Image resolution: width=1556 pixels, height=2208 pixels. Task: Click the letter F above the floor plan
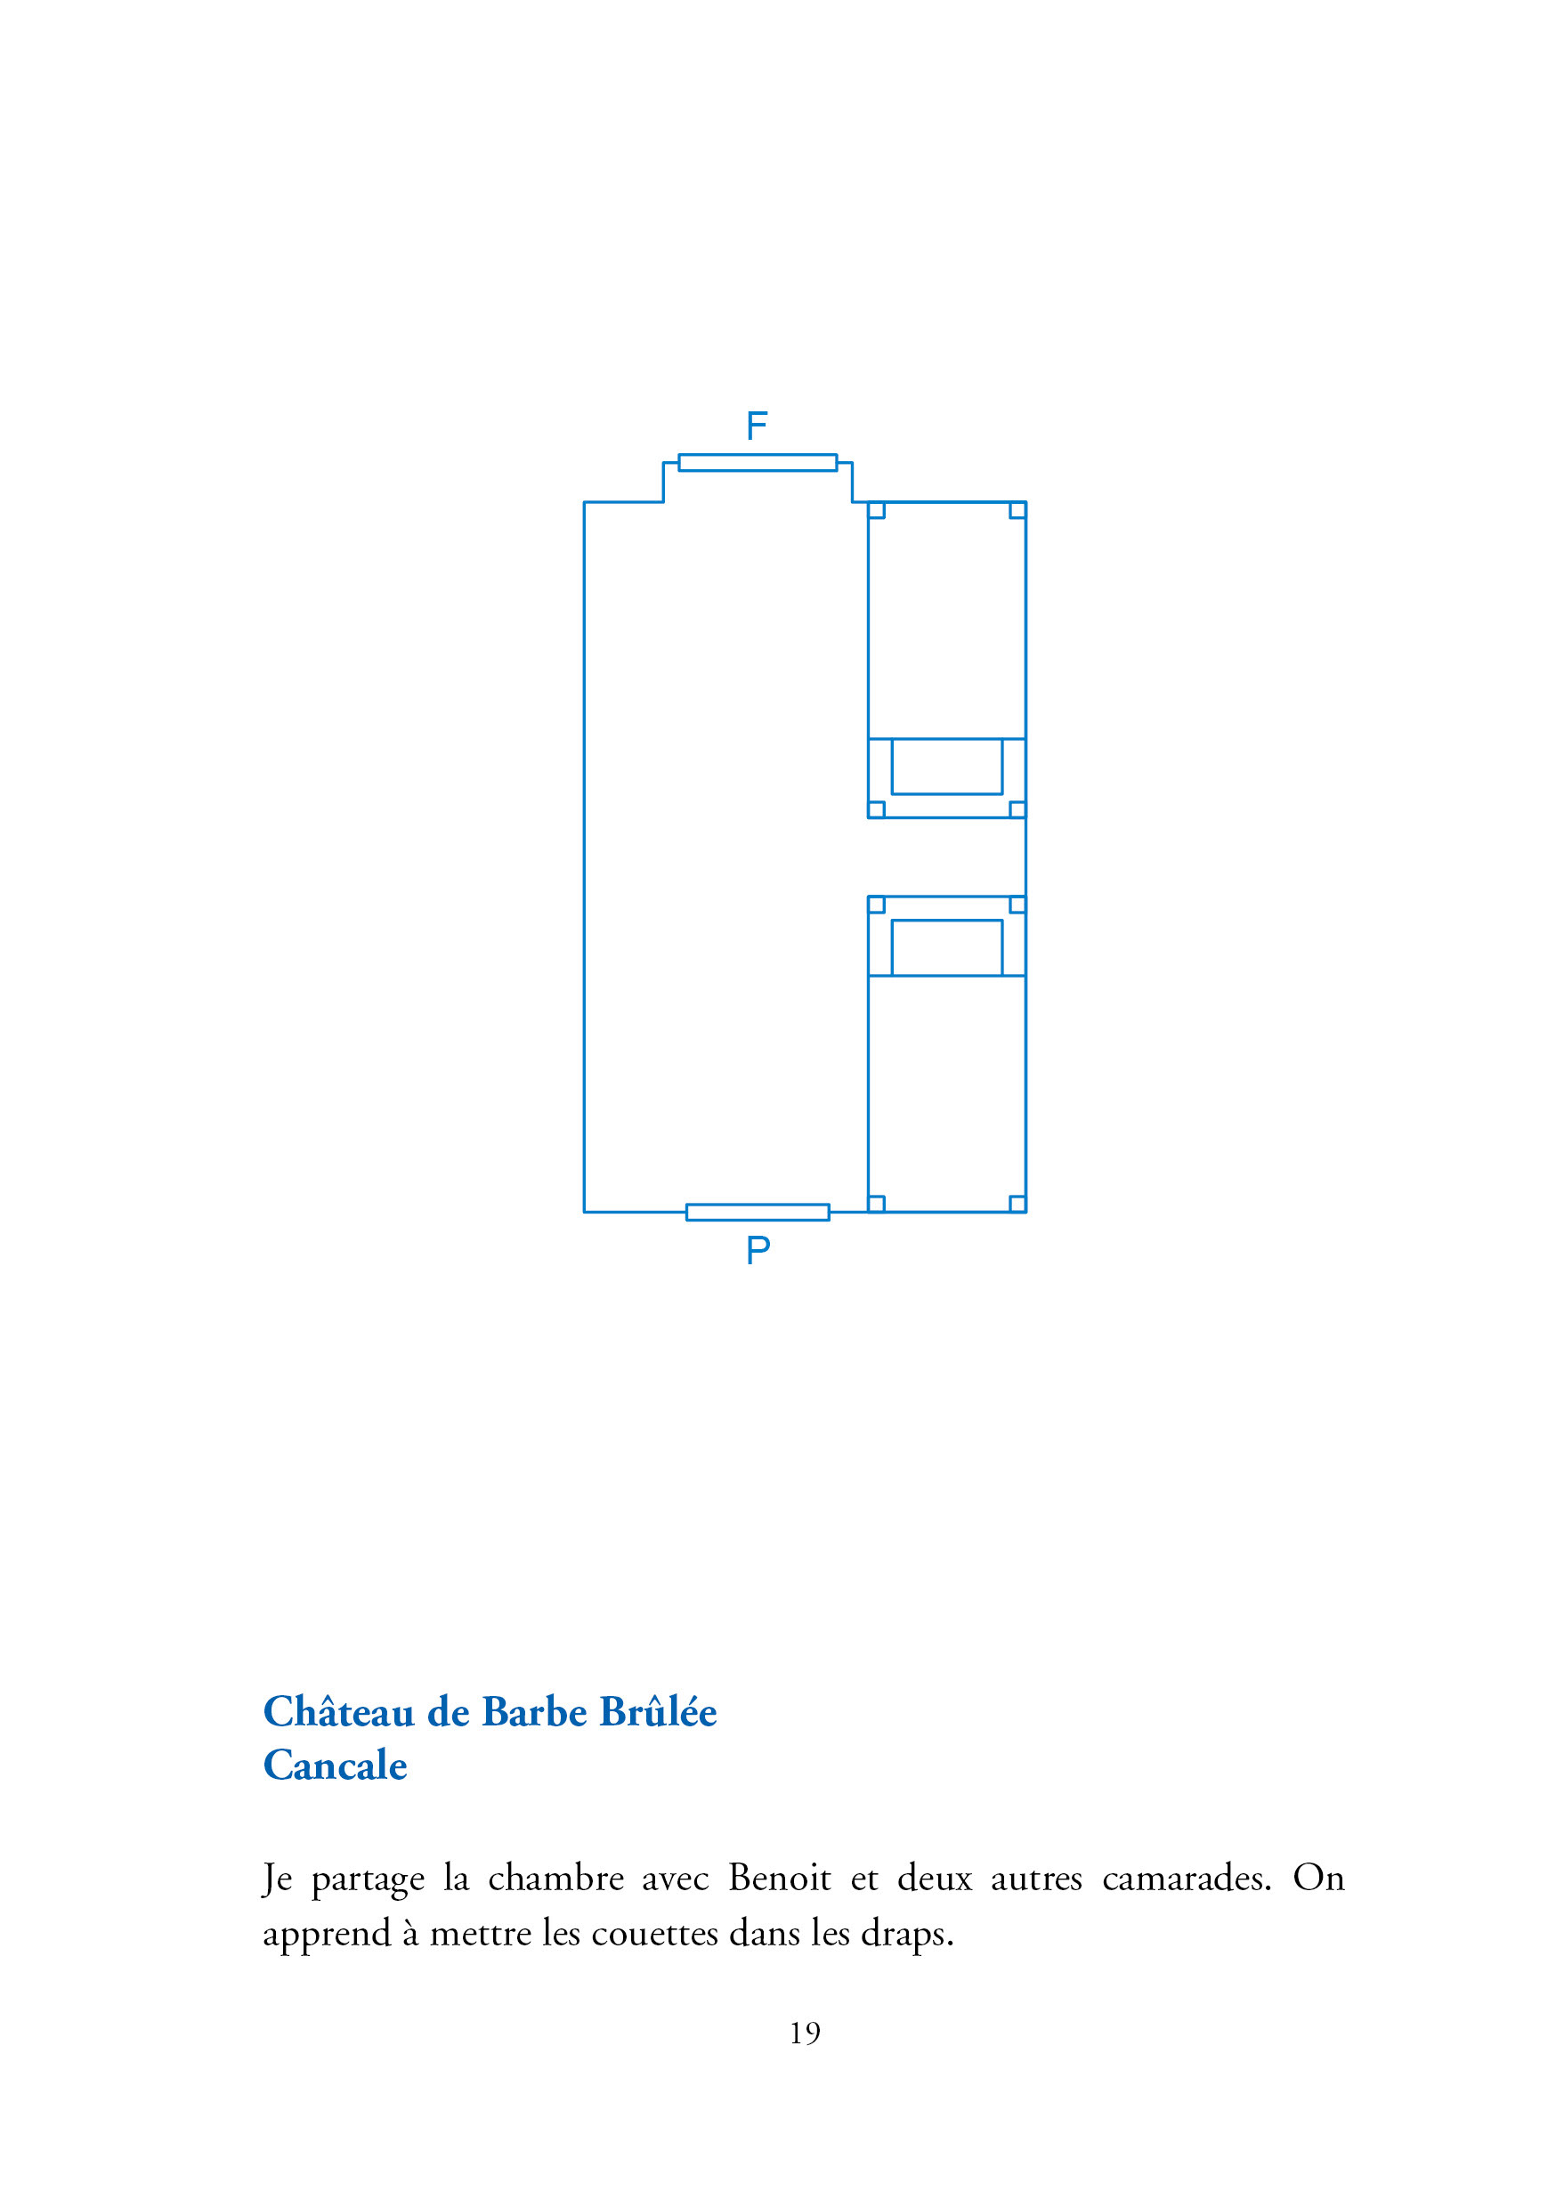(x=756, y=425)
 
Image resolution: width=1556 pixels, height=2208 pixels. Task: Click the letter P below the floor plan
(x=758, y=1250)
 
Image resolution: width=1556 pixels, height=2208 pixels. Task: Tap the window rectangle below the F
(x=757, y=463)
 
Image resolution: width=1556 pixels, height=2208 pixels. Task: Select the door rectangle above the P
(x=757, y=1212)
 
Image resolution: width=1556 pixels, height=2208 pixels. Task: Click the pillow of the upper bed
(x=946, y=767)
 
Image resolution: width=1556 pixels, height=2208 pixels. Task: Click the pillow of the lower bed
(x=946, y=947)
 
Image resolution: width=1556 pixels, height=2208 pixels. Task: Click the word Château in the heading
(x=338, y=1713)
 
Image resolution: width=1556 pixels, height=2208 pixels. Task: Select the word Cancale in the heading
(x=335, y=1766)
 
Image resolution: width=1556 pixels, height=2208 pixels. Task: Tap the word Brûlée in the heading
(x=658, y=1713)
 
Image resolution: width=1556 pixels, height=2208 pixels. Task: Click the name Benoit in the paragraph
(x=779, y=1879)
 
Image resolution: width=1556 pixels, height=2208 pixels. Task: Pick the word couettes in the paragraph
(x=654, y=1933)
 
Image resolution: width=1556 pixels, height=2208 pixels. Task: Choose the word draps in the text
(x=906, y=1933)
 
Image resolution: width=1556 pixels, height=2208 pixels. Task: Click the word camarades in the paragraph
(x=1186, y=1879)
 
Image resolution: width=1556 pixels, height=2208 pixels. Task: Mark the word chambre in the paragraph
(x=555, y=1879)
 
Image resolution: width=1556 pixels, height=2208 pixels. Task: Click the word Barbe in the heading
(x=534, y=1713)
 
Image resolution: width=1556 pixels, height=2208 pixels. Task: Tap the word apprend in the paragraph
(x=327, y=1935)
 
